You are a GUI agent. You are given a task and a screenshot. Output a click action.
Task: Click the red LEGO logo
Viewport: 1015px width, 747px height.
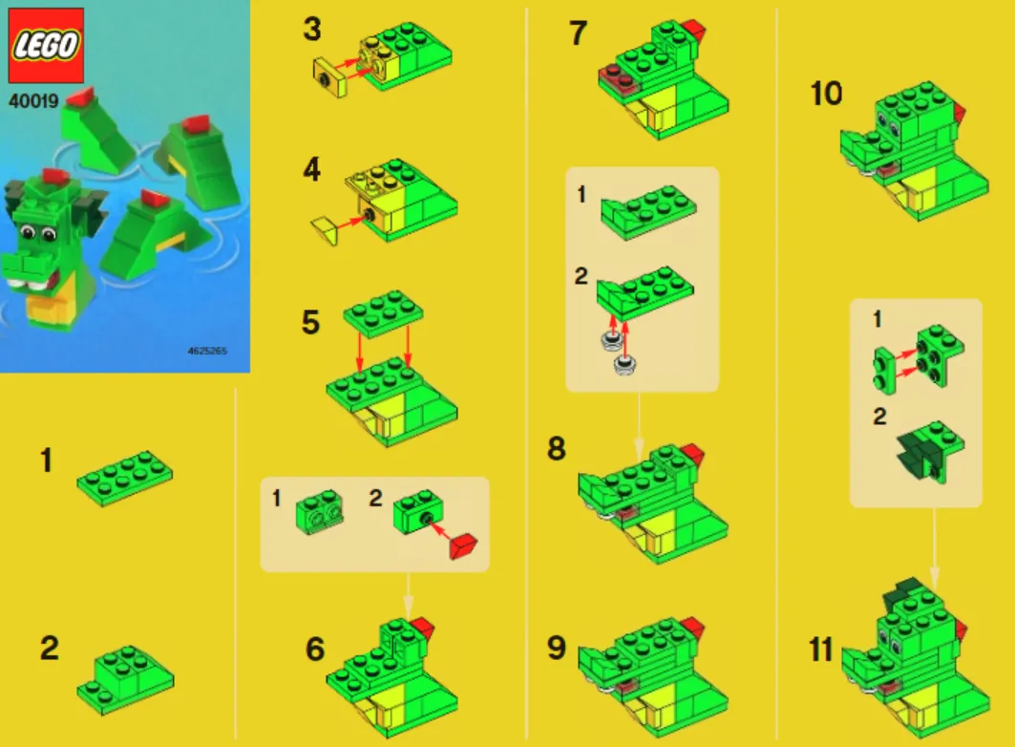coord(45,45)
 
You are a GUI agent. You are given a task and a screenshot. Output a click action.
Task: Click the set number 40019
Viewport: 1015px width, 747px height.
coord(33,101)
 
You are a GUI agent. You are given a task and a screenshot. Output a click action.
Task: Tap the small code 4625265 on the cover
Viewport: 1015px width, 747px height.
coord(207,351)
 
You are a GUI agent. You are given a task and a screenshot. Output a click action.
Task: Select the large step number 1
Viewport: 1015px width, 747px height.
coord(46,460)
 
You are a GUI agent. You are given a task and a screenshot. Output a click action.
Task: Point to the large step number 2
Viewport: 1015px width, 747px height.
coord(50,648)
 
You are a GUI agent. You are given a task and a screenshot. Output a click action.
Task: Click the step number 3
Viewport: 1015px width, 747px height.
coord(312,29)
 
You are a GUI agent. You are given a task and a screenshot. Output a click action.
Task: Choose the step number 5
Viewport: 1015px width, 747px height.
coord(310,322)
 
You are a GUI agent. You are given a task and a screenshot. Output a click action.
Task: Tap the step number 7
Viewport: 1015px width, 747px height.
coord(578,33)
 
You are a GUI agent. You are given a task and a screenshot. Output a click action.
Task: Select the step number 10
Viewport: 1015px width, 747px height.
coord(827,94)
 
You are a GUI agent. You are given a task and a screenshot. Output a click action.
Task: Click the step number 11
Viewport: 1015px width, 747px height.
coord(821,650)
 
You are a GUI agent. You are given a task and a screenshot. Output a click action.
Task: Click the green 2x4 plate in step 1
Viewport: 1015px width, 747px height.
coord(125,479)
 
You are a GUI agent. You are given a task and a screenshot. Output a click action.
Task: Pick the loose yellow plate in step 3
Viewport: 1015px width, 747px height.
coord(330,77)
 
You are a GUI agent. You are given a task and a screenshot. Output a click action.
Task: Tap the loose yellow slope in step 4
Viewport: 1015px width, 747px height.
coord(326,231)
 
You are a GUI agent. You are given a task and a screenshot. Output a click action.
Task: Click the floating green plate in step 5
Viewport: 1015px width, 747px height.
coord(383,314)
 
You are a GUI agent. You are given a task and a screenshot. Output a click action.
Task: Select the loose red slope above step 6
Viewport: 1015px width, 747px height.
coord(463,547)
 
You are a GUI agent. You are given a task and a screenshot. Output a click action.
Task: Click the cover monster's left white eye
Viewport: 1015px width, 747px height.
coord(27,232)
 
